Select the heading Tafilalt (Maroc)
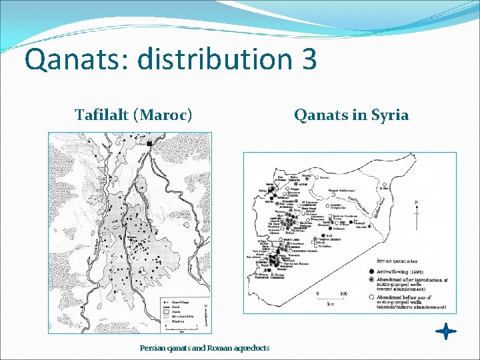(133, 115)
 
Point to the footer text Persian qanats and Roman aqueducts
(205, 348)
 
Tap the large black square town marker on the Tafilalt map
(150, 143)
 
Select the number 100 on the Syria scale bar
(343, 293)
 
